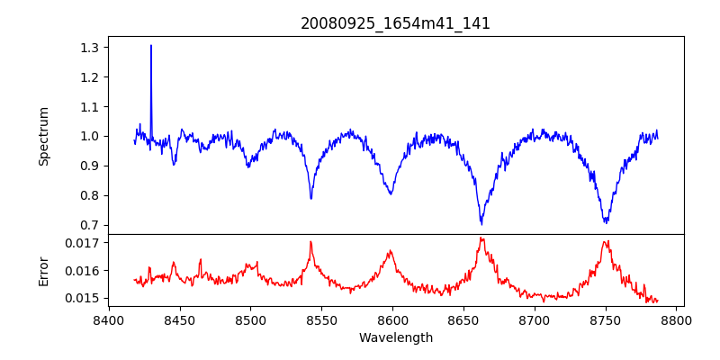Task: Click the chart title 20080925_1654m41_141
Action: click(x=395, y=23)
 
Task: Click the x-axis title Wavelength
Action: click(x=395, y=338)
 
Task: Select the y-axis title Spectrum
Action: click(x=44, y=136)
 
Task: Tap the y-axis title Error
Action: click(x=44, y=270)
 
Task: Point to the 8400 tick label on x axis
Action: click(x=109, y=319)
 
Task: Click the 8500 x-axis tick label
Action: click(x=250, y=319)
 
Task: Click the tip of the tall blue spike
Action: click(x=151, y=45)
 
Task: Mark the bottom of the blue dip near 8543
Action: click(x=311, y=199)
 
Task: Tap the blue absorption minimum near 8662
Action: click(x=481, y=223)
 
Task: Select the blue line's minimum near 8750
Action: click(x=606, y=222)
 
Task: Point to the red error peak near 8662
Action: click(x=481, y=238)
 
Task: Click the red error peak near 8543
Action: click(x=310, y=241)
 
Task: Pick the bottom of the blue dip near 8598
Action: click(x=391, y=194)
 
